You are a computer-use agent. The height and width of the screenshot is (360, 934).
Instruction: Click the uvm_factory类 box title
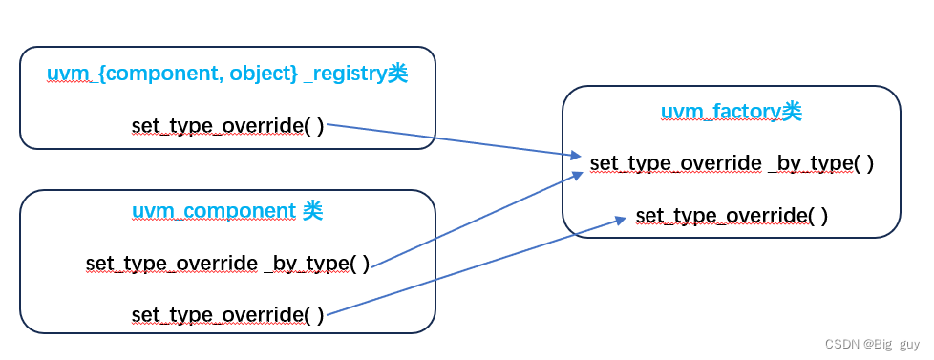[731, 111]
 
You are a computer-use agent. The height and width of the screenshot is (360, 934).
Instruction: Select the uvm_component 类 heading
[226, 211]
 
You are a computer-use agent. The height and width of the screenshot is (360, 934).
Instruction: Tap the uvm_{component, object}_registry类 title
[226, 74]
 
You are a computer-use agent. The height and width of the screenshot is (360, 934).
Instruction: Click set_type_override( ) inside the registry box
[227, 126]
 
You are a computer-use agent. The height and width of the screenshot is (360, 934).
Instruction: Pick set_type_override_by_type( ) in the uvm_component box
[227, 263]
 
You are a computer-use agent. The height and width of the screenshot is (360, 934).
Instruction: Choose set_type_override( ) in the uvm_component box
[227, 314]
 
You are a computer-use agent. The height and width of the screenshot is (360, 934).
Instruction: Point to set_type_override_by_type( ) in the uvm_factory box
[732, 163]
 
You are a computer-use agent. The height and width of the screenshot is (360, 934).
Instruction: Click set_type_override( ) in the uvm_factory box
[732, 216]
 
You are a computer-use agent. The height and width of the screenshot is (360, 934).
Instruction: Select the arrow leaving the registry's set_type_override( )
[449, 139]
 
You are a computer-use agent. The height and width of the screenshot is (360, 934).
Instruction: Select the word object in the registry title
[265, 74]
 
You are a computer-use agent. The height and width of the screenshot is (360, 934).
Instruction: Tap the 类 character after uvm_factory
[792, 111]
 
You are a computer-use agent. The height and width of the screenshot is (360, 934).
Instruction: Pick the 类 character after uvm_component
[312, 211]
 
